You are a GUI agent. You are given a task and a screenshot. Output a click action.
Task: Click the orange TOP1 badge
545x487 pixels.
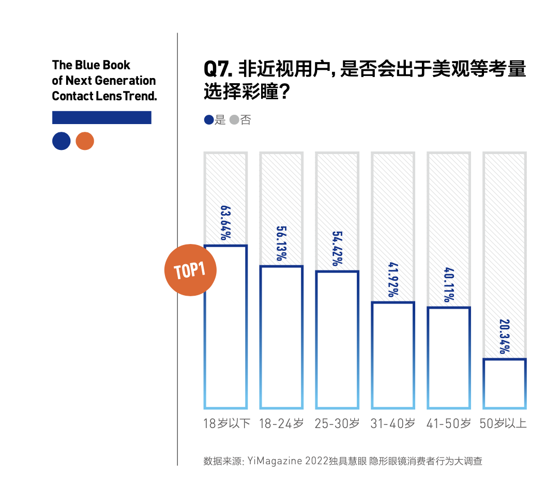pyautogui.click(x=190, y=270)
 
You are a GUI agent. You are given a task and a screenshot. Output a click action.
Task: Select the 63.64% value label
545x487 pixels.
pyautogui.click(x=225, y=223)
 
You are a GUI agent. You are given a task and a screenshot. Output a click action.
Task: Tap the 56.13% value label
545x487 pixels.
pyautogui.click(x=281, y=243)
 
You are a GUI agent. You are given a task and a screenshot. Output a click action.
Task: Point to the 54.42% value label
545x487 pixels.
pyautogui.click(x=337, y=249)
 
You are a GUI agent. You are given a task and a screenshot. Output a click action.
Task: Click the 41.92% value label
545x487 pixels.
pyautogui.click(x=393, y=280)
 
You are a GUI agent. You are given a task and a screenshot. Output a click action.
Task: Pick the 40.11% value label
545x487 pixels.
pyautogui.click(x=449, y=285)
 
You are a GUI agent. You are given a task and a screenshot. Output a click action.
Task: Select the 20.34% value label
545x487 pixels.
pyautogui.click(x=504, y=337)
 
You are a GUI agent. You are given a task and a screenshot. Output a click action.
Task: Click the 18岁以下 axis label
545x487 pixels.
pyautogui.click(x=226, y=423)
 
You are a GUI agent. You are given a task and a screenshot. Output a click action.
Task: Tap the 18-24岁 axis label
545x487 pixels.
pyautogui.click(x=281, y=423)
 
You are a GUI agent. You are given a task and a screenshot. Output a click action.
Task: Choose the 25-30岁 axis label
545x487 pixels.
pyautogui.click(x=337, y=423)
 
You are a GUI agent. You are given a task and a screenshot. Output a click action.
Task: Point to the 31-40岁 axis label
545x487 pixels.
pyautogui.click(x=393, y=423)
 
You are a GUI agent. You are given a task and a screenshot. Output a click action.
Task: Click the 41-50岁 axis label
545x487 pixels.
pyautogui.click(x=449, y=423)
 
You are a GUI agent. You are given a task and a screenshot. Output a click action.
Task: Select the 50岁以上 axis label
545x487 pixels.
pyautogui.click(x=503, y=423)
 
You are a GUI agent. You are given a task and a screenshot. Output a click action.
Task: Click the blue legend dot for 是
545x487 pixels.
pyautogui.click(x=208, y=120)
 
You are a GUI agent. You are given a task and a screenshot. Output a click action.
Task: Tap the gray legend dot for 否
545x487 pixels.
pyautogui.click(x=234, y=120)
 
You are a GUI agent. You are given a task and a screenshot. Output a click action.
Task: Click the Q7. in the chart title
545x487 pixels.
pyautogui.click(x=218, y=69)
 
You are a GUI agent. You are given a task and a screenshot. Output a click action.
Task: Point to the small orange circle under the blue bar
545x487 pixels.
pyautogui.click(x=85, y=141)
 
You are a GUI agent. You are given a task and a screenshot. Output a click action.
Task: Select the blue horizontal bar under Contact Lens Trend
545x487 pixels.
pyautogui.click(x=102, y=117)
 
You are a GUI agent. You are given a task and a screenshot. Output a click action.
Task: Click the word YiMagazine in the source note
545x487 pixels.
pyautogui.click(x=275, y=461)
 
